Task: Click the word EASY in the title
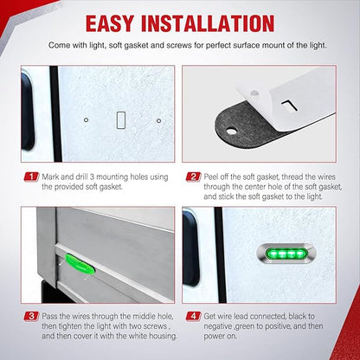110,23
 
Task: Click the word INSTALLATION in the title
208,23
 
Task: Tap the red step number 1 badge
31,177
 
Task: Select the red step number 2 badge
193,177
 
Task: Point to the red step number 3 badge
31,316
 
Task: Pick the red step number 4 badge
193,316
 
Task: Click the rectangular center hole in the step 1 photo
121,120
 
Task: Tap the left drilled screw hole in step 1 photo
86,119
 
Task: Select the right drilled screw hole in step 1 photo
158,120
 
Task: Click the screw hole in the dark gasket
231,132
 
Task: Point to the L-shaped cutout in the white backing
289,106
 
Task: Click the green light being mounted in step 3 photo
80,264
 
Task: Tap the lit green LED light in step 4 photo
286,254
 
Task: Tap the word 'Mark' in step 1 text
50,177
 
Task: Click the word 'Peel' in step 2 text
212,177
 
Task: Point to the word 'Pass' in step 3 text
49,316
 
